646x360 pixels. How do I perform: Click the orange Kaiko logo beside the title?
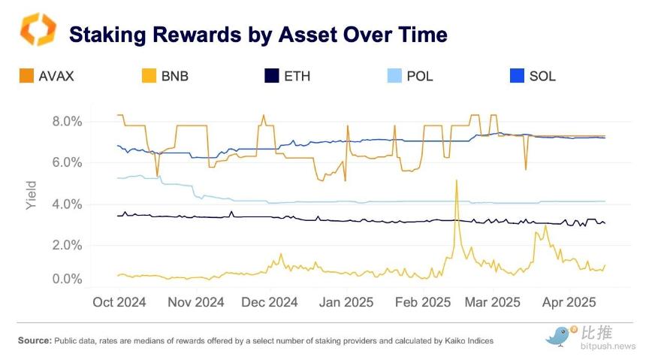click(38, 29)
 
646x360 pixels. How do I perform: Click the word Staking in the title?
click(107, 35)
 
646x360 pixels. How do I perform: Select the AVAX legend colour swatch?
click(26, 76)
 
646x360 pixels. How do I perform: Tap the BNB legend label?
click(175, 77)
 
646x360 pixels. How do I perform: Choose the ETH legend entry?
click(287, 77)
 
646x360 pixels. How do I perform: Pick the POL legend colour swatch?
click(394, 76)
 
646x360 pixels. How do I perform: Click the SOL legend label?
click(542, 77)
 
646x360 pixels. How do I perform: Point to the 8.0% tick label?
click(67, 122)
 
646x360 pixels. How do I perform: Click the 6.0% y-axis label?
click(67, 162)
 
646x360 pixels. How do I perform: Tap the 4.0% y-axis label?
click(67, 204)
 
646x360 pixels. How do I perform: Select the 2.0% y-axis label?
click(67, 245)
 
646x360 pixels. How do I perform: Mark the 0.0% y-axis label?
click(67, 279)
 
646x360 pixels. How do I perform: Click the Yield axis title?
click(32, 195)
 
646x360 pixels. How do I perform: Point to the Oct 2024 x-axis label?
click(119, 302)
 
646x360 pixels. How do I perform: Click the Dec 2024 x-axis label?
click(270, 302)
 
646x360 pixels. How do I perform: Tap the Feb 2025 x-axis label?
click(423, 302)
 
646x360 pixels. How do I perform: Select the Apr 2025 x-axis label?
click(569, 302)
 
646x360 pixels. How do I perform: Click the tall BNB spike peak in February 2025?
click(456, 180)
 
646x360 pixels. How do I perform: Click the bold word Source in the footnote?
click(35, 340)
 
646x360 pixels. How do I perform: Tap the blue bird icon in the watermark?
click(559, 336)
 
